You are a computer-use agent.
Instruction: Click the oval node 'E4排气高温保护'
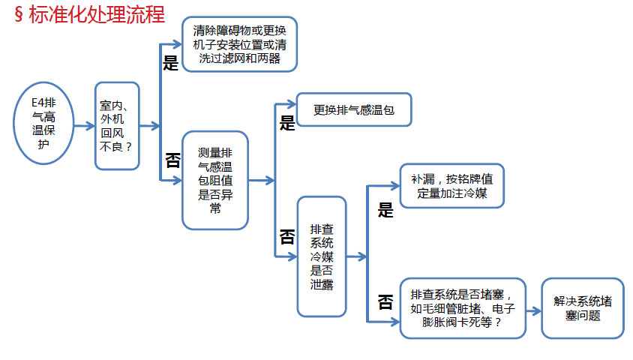coord(43,123)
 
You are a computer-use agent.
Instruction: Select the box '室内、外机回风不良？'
coord(117,126)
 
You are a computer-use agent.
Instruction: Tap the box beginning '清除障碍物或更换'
coord(239,44)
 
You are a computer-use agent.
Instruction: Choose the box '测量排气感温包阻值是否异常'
coord(215,181)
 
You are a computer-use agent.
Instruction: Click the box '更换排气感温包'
coord(354,109)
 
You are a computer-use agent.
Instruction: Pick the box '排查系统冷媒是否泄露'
coord(322,256)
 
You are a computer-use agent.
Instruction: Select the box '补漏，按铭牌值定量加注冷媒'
coord(452,186)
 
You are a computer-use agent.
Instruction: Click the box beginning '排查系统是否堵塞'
coord(463,308)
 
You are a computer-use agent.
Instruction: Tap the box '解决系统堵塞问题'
coord(583,308)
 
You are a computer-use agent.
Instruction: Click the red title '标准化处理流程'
coord(97,14)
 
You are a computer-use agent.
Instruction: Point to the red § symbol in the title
coord(19,14)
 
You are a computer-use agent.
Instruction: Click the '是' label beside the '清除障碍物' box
coord(170,63)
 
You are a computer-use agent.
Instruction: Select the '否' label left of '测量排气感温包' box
coord(172,160)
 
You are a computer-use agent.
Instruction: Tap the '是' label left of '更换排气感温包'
coord(287,123)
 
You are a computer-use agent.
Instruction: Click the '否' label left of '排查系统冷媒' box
coord(287,237)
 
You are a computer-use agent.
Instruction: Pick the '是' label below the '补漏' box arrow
coord(385,210)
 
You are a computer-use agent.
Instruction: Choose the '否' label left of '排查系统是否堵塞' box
coord(385,302)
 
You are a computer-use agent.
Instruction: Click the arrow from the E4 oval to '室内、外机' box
coord(84,126)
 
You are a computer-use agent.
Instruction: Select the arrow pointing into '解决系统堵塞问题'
coord(534,310)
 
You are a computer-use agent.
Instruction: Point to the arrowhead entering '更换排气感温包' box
coord(292,104)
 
